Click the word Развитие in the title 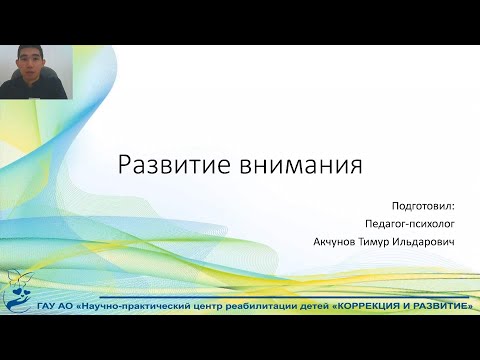162,164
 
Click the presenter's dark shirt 34,89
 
